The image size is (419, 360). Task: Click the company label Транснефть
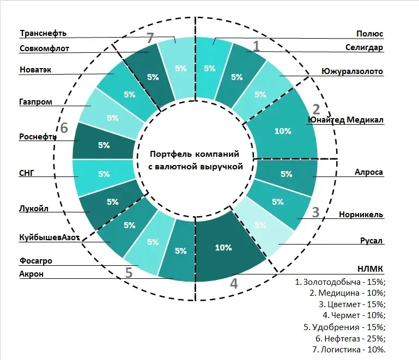[43, 33]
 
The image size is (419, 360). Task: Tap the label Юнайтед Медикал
[346, 120]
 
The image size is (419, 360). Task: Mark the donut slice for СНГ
[104, 174]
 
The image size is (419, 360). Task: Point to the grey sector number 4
[234, 283]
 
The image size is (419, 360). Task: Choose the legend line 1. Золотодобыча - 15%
[340, 282]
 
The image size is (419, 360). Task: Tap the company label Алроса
[369, 172]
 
